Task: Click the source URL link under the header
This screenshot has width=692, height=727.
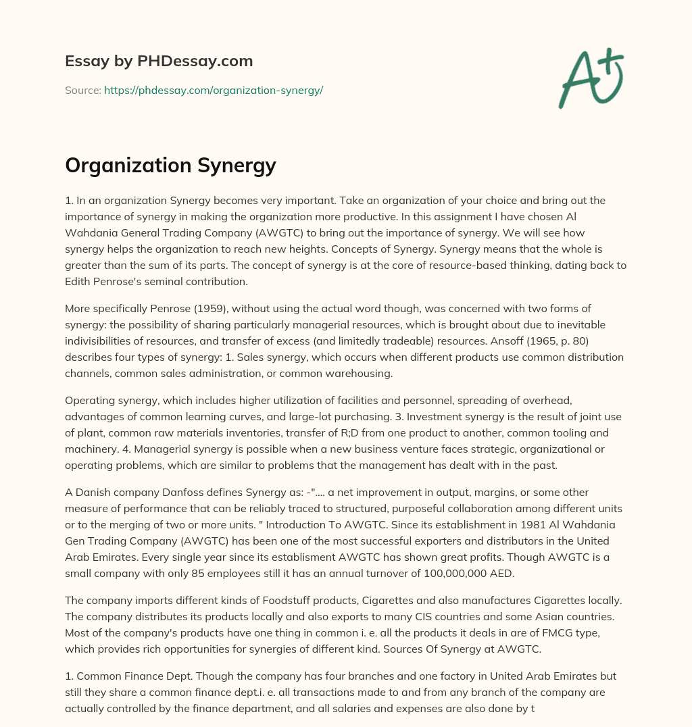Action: pyautogui.click(x=214, y=90)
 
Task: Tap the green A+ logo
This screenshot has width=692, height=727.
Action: pyautogui.click(x=590, y=78)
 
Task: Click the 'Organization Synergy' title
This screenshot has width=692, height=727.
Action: pyautogui.click(x=170, y=166)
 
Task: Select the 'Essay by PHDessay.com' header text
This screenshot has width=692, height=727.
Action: pyautogui.click(x=159, y=61)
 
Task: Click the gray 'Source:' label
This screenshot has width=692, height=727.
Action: pyautogui.click(x=83, y=90)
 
